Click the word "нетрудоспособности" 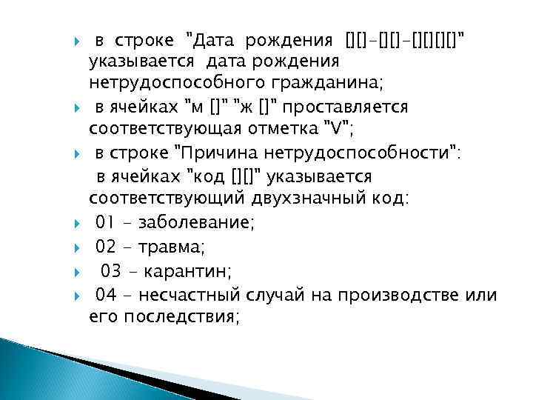(x=375, y=154)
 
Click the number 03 (x=111, y=269)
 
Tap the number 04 (x=107, y=295)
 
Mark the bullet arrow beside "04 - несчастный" (x=78, y=296)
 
